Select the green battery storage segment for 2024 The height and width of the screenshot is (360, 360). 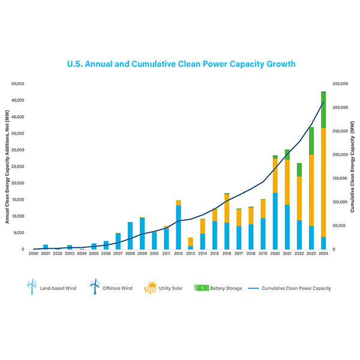coord(323,110)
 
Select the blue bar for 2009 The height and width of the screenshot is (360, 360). coord(142,233)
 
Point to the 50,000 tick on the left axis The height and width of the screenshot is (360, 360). coord(17,84)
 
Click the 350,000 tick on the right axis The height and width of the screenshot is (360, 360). coord(341,84)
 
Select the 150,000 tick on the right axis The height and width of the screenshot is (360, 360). coord(341,178)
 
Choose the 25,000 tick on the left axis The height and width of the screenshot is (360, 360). coord(17,166)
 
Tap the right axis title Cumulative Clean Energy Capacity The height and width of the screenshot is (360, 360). coord(353,166)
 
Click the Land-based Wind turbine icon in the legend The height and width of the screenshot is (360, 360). coord(32,287)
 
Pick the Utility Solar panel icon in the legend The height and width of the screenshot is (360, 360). coord(151,287)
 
